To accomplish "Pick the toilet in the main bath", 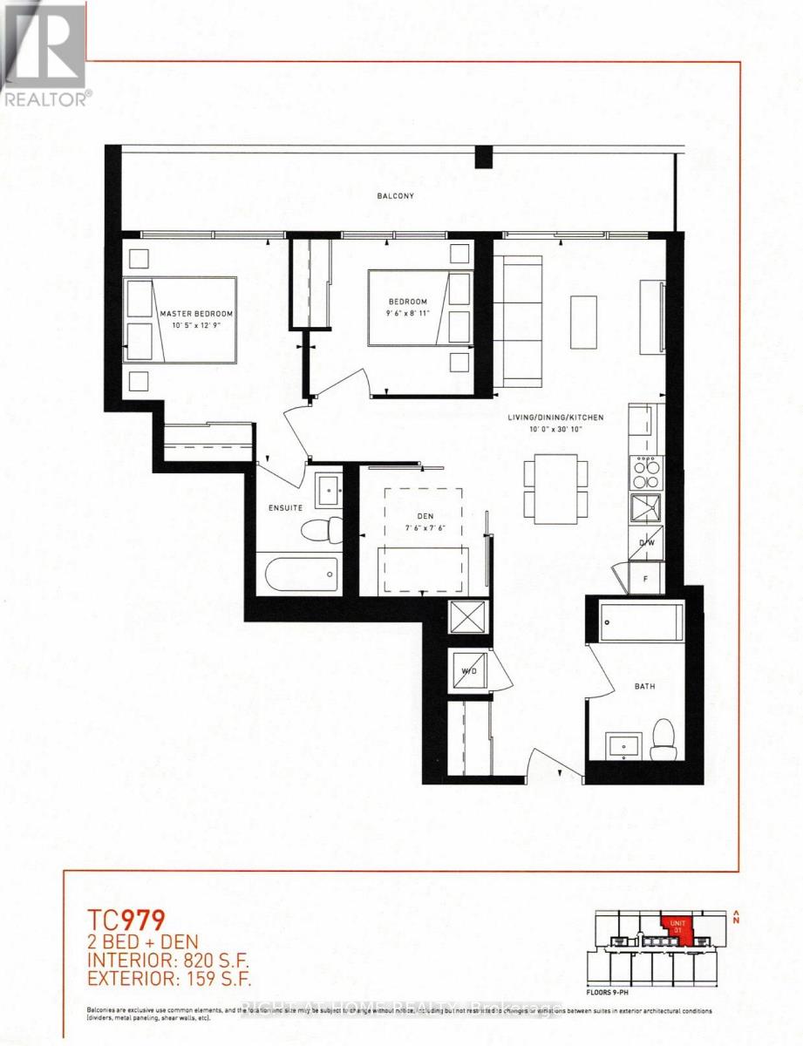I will tap(663, 740).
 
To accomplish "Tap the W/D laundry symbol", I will tap(470, 671).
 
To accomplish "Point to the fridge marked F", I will tap(646, 577).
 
